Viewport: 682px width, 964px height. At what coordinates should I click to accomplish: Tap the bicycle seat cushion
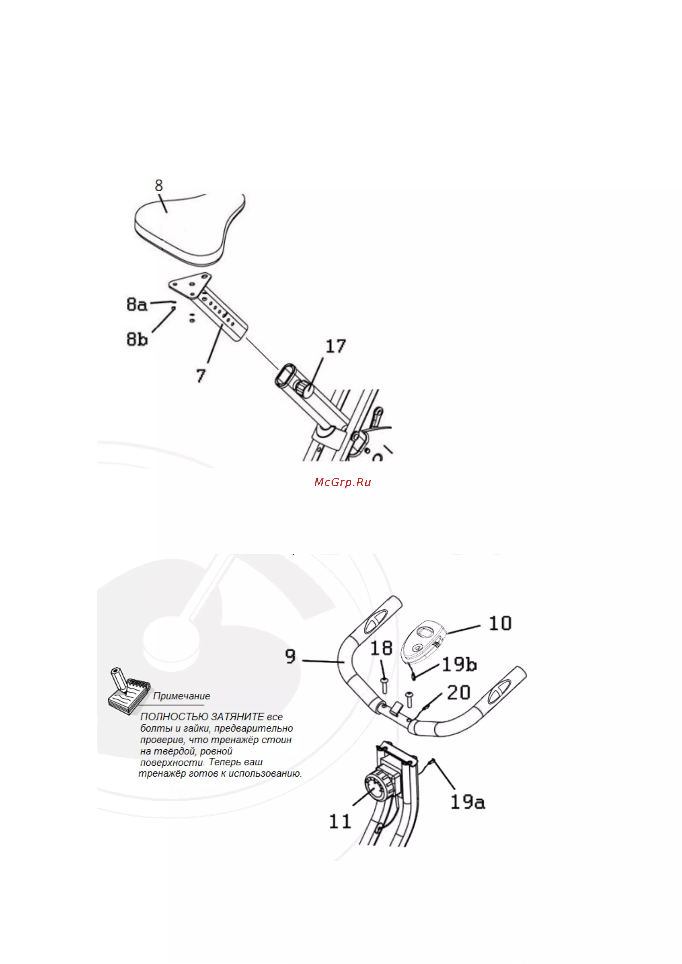coord(189,229)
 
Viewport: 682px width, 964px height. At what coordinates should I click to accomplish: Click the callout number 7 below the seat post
coord(201,375)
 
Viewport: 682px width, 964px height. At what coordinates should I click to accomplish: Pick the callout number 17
coord(336,347)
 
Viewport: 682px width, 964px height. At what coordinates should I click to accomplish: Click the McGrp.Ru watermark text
coord(342,482)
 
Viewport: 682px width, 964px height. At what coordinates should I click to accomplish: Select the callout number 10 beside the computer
coord(500,623)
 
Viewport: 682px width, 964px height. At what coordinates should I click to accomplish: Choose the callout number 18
coord(381,649)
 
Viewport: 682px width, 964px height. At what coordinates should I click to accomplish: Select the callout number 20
coord(458,693)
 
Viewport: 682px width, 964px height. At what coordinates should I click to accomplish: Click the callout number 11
coord(340,822)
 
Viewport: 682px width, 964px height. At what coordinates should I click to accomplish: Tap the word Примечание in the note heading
coord(182,696)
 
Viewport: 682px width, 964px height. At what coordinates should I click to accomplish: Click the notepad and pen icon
coord(129,692)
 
